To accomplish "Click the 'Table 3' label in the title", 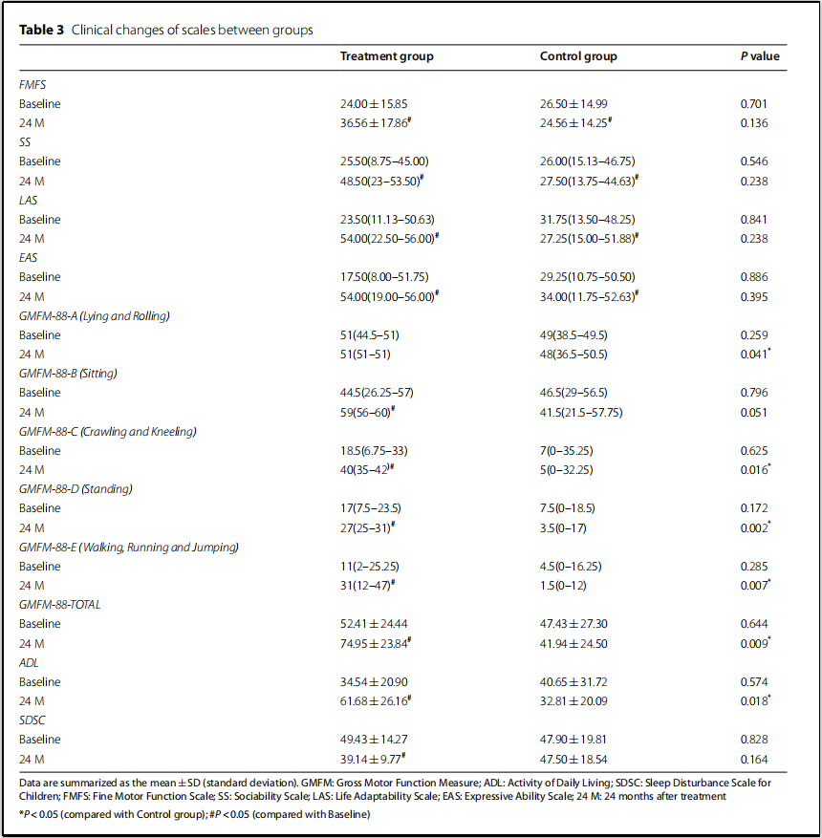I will point(41,31).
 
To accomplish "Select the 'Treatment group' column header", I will point(386,56).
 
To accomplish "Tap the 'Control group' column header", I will point(578,56).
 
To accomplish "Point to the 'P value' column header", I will point(759,56).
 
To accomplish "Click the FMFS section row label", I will point(32,84).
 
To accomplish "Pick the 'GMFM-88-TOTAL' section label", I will point(59,605).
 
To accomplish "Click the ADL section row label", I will point(30,662).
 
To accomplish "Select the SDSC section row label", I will point(32,720).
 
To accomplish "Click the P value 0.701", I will point(753,103).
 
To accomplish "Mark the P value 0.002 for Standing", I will point(753,527).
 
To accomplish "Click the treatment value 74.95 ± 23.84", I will point(375,643).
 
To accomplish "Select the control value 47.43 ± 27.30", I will point(574,624).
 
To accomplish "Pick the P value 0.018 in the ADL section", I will point(753,701).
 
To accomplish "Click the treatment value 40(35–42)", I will point(365,469).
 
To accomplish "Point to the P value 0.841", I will point(753,219).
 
